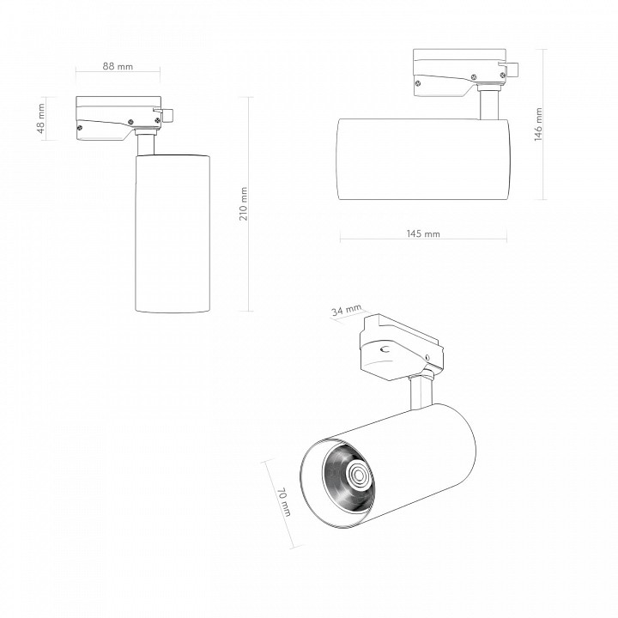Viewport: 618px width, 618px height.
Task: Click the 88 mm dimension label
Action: click(x=118, y=66)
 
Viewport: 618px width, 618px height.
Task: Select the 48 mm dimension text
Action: click(x=41, y=118)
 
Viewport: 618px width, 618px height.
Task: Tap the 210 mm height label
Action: click(x=244, y=203)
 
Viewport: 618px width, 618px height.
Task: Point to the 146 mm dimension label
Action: click(x=538, y=124)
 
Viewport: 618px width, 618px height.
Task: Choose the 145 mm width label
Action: click(x=423, y=233)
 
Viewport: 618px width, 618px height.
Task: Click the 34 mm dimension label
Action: click(x=346, y=310)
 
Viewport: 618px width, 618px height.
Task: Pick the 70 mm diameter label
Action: click(x=284, y=502)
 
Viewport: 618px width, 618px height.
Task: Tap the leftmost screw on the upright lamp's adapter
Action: click(x=80, y=127)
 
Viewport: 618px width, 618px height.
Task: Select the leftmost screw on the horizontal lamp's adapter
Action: click(x=418, y=83)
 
